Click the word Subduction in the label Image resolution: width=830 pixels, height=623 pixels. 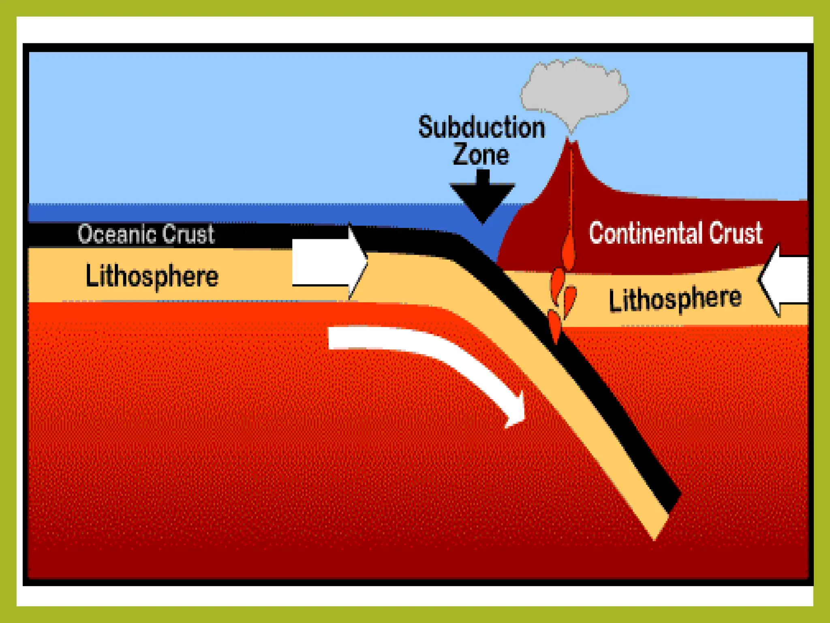coord(481,127)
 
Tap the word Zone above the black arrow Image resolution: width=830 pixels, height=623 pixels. coord(481,155)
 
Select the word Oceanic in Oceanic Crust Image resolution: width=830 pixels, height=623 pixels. coord(117,234)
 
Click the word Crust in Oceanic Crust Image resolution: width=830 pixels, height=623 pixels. coord(188,234)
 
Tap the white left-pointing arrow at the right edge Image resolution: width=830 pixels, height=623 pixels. coord(784,280)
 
